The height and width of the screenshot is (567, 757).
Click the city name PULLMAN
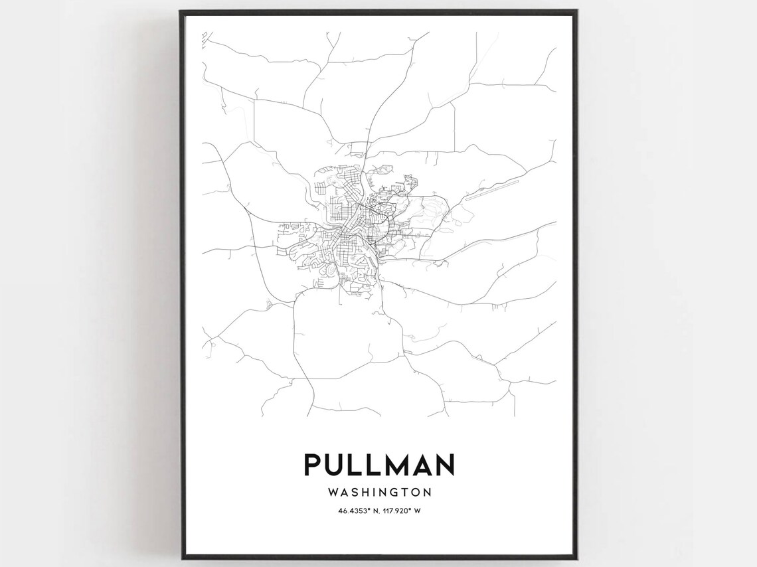pyautogui.click(x=379, y=464)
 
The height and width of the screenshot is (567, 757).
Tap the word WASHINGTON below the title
pyautogui.click(x=379, y=493)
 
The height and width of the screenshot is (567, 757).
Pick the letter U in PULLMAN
pyautogui.click(x=336, y=464)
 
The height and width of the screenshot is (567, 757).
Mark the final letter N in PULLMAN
pyautogui.click(x=444, y=464)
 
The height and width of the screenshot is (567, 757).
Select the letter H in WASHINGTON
pyautogui.click(x=364, y=493)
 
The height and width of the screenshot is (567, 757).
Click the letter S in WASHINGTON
pyautogui.click(x=353, y=493)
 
